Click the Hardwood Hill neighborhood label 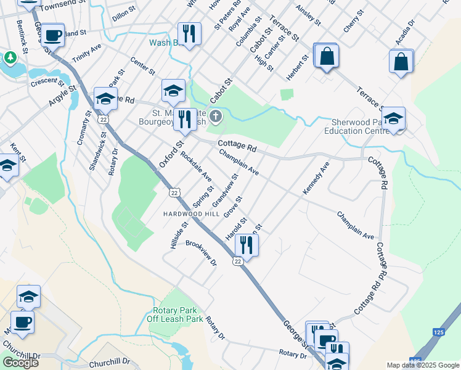pyautogui.click(x=190, y=213)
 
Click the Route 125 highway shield pyautogui.click(x=415, y=361)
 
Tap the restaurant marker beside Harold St pyautogui.click(x=246, y=244)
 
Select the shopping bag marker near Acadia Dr pyautogui.click(x=401, y=62)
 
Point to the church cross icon pyautogui.click(x=215, y=116)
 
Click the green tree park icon pyautogui.click(x=10, y=57)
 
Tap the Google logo pyautogui.click(x=20, y=363)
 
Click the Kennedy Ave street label pyautogui.click(x=316, y=179)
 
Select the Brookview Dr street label pyautogui.click(x=201, y=253)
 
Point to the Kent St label pyautogui.click(x=17, y=152)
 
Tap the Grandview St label pyautogui.click(x=224, y=191)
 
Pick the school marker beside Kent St pyautogui.click(x=8, y=166)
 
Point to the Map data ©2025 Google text pyautogui.click(x=423, y=365)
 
